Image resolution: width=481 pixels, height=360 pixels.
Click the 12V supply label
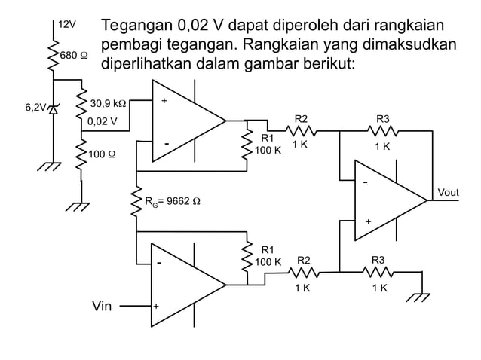68,24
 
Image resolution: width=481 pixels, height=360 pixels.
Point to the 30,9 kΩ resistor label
108,103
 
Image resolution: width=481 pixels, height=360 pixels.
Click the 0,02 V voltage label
103,121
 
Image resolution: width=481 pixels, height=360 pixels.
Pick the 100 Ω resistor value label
103,155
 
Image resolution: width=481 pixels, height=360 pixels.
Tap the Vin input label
102,307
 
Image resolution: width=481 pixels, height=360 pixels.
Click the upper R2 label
301,119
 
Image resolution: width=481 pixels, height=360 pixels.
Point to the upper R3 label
383,119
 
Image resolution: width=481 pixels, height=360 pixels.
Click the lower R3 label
378,260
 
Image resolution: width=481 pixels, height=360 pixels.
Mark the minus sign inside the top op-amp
167,144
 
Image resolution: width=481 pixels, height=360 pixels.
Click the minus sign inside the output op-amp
366,183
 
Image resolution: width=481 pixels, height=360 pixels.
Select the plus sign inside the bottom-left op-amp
156,307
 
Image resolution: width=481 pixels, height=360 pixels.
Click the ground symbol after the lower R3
417,297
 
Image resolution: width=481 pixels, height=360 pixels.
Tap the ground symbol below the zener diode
52,167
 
